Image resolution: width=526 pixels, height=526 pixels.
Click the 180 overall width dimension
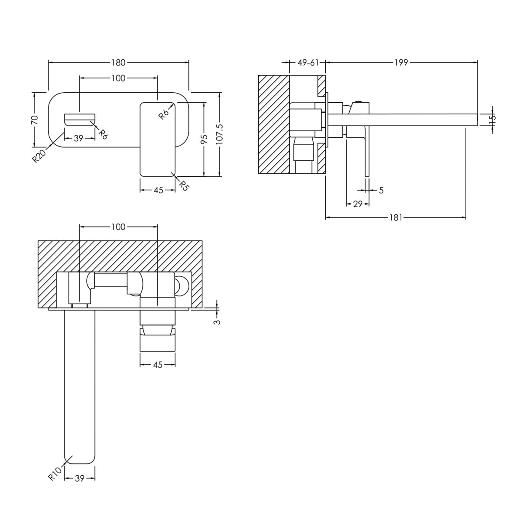tap(118, 63)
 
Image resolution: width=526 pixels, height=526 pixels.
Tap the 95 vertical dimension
tap(205, 139)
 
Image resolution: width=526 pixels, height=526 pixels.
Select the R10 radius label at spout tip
tap(53, 474)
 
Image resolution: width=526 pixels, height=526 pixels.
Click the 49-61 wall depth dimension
tap(308, 63)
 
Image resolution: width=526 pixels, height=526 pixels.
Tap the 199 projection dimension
tap(401, 63)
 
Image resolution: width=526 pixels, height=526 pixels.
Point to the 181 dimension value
tap(395, 218)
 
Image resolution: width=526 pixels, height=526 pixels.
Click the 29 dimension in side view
tap(357, 204)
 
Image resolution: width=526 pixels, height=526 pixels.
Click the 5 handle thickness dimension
tap(381, 190)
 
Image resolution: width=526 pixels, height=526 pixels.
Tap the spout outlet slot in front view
tap(79, 118)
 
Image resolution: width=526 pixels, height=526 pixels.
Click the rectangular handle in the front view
tap(158, 139)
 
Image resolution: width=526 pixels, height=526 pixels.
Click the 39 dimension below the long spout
tap(79, 478)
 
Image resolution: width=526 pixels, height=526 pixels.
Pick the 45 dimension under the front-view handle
tap(159, 190)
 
